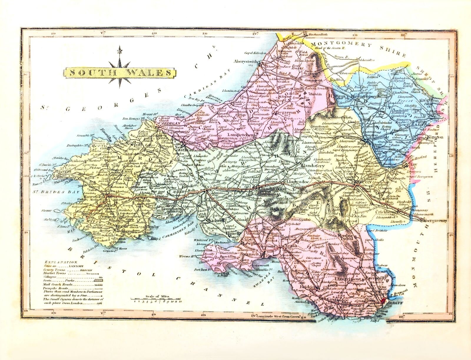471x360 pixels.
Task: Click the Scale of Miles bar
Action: (x=157, y=301)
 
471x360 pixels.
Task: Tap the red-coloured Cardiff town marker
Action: (x=383, y=300)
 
